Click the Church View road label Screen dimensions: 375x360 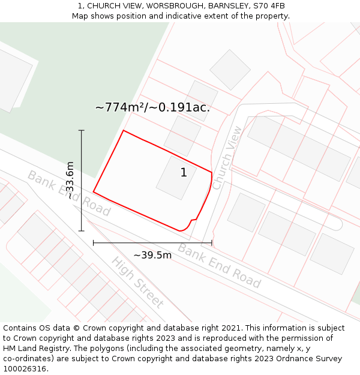coord(227,158)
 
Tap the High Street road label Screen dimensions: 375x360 coord(137,281)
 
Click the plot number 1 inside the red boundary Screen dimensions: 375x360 coord(184,173)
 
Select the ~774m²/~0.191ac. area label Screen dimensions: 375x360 coord(152,107)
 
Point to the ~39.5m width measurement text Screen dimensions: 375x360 coord(152,255)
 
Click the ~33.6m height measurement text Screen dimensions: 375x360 coord(70,180)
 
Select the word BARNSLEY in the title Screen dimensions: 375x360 coord(217,6)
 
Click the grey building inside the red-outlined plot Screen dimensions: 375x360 coord(176,178)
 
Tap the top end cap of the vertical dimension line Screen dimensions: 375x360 coord(82,130)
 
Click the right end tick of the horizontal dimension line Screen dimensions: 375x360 coord(212,243)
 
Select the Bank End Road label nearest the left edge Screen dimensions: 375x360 coord(68,193)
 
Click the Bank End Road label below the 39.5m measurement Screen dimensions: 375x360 coord(219,266)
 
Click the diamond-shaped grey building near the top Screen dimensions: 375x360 coord(230,70)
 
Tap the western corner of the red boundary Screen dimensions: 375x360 coord(94,192)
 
